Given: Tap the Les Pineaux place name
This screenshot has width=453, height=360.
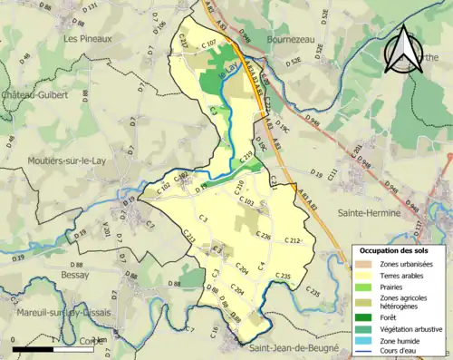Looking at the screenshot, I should [x=88, y=39].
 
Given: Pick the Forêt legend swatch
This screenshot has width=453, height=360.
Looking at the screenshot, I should [x=366, y=316].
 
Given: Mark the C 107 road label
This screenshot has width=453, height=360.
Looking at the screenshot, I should [x=207, y=44].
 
